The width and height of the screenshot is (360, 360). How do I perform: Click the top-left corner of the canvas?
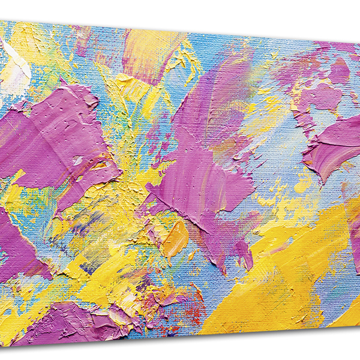point(1,20)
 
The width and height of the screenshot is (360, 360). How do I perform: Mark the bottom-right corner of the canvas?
point(359,328)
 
